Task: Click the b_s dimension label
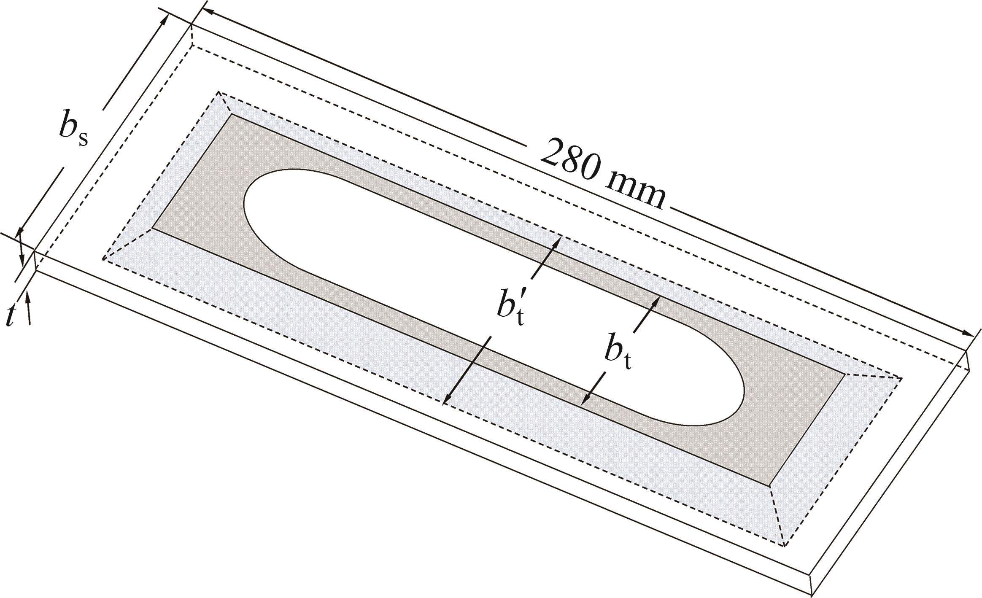(x=73, y=129)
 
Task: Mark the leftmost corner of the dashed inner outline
(x=103, y=259)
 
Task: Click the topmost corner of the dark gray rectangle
(x=231, y=114)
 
